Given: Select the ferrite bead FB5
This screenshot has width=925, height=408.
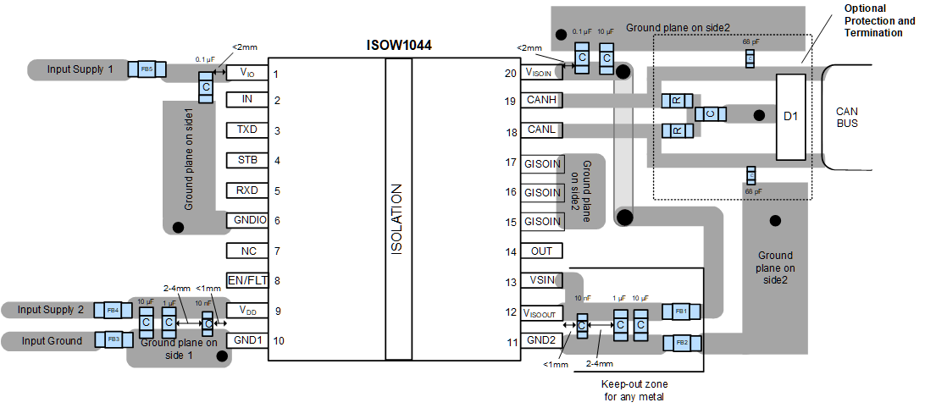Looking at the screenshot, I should [147, 69].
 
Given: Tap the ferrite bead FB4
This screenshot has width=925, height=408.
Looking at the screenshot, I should [112, 310].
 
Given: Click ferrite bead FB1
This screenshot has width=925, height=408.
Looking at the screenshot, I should [680, 312].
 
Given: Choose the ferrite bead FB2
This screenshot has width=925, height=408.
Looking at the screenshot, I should [680, 342].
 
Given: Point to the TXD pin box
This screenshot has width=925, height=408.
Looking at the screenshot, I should [247, 130].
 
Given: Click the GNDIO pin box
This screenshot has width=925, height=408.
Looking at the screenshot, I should [247, 220].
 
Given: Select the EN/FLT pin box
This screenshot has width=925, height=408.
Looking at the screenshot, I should [247, 280].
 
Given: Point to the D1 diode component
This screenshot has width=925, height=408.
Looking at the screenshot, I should [790, 116].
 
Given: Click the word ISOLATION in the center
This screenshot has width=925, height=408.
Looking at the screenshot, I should [398, 220].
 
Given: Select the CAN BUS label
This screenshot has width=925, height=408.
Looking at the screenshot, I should [847, 118].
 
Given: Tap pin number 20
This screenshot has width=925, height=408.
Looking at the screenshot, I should [510, 74].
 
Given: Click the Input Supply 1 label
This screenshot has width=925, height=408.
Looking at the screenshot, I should [80, 69].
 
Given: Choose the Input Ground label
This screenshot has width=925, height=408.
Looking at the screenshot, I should [53, 340].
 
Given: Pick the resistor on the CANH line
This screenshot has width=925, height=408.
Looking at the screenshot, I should [678, 101].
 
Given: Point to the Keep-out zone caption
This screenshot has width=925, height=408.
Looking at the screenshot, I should [633, 389].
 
